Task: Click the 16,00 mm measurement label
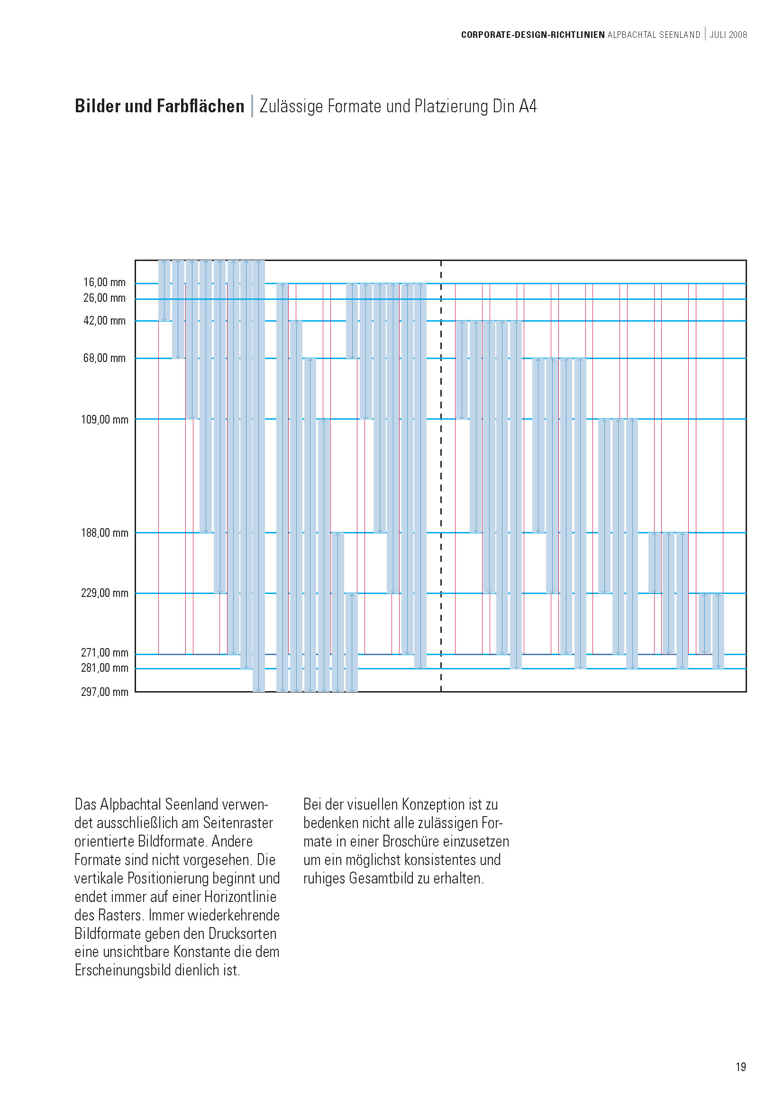coord(104,282)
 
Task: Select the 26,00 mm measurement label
coord(104,298)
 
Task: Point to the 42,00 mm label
coord(104,320)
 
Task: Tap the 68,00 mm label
coord(104,358)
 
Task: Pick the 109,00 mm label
coord(104,419)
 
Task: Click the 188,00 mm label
coord(104,533)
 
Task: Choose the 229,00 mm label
coord(104,593)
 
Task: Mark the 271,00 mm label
coord(104,652)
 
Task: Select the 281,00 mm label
coord(104,668)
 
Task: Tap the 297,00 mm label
coord(104,692)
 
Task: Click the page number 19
coord(740,1067)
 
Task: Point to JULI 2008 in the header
coord(728,35)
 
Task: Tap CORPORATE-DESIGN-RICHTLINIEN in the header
coord(532,35)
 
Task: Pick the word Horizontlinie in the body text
coord(240,897)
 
